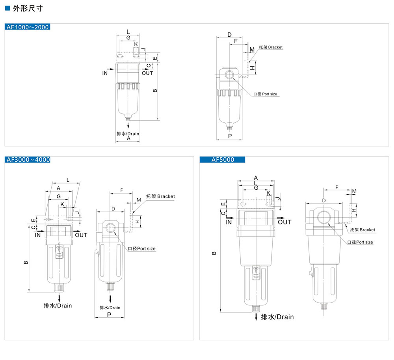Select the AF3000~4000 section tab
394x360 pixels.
tap(28, 160)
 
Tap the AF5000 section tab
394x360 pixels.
tap(223, 160)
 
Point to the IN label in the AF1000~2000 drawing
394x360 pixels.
tap(105, 73)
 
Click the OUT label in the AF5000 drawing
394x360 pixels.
tap(284, 222)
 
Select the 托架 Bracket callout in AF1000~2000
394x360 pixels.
tap(271, 47)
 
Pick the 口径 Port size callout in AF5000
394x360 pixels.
tap(360, 242)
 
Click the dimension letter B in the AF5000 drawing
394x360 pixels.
tap(214, 254)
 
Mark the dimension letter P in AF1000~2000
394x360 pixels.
tap(230, 136)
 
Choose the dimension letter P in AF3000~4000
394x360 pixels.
tap(109, 314)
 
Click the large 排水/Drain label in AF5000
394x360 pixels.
tap(277, 317)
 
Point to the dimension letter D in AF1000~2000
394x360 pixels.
tap(230, 35)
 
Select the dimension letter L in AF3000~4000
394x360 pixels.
tap(68, 180)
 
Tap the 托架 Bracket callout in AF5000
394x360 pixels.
tap(362, 229)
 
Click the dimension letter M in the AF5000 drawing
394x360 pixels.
tap(354, 191)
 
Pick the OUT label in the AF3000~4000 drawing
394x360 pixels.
tap(81, 235)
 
